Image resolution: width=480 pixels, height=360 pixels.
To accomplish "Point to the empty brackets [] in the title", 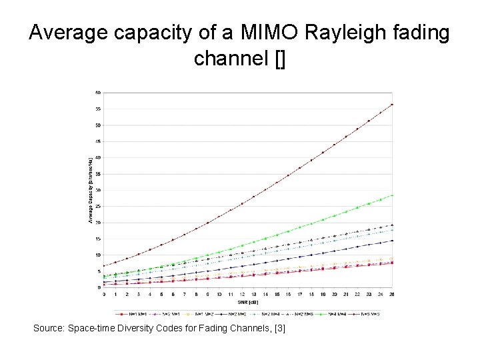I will point(280,59).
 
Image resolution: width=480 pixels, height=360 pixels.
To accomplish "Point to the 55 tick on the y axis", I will point(97,109).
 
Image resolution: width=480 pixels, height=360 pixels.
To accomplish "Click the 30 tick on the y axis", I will point(97,190).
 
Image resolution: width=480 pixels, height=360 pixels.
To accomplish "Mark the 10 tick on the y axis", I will point(97,255).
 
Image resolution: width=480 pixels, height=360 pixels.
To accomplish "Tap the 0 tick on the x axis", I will point(104,294).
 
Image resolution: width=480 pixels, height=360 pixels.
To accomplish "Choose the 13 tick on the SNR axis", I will point(254,294).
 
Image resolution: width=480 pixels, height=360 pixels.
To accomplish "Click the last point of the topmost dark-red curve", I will point(392,105).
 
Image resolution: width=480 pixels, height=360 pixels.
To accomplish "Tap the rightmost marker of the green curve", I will point(392,195).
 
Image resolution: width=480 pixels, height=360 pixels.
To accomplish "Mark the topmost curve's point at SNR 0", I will point(104,266).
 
